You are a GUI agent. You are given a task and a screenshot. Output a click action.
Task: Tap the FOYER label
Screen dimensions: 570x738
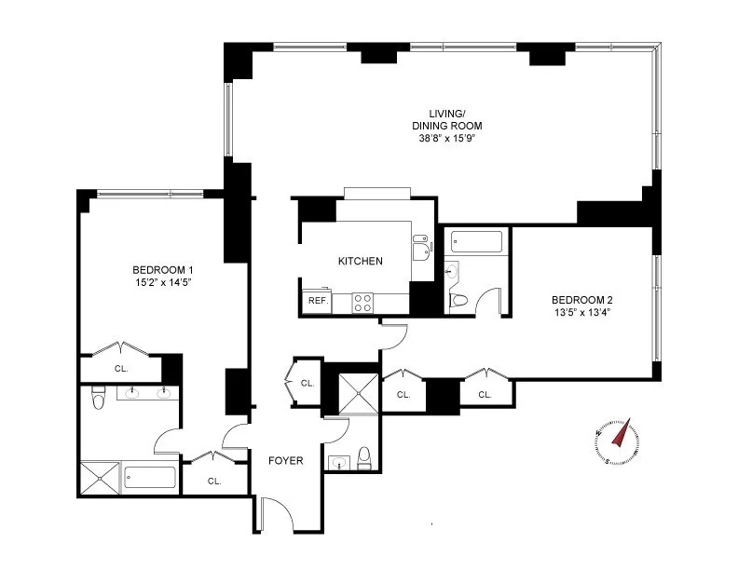coord(285,460)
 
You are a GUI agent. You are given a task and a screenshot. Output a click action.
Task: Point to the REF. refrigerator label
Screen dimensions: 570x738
coord(317,302)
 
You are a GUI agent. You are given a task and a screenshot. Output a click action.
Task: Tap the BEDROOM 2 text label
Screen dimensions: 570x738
coord(582,300)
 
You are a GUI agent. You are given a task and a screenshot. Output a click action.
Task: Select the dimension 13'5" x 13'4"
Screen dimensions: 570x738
coord(582,312)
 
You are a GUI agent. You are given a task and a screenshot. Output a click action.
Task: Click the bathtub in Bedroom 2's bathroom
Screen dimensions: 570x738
coord(476,242)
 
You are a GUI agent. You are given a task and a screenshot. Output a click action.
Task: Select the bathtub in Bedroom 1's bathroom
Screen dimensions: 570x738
coord(150,478)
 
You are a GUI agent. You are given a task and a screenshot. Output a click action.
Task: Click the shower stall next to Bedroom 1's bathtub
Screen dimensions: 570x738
coord(99,478)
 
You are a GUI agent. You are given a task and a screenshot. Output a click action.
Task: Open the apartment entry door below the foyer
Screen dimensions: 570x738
coord(277,511)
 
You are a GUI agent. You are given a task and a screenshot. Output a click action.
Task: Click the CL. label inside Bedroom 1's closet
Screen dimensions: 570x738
coord(121,368)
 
